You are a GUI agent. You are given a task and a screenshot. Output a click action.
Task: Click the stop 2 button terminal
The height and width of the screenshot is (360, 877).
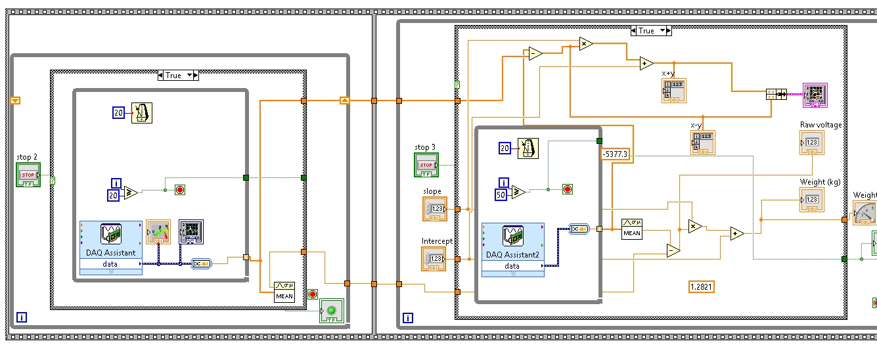pyautogui.click(x=28, y=175)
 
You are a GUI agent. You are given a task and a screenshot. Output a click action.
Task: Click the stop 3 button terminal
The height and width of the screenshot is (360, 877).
pyautogui.click(x=426, y=165)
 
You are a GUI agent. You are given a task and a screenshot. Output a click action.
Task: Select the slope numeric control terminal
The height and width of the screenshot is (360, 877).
pyautogui.click(x=434, y=209)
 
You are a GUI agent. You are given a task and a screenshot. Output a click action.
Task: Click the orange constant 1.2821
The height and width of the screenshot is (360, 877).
pyautogui.click(x=701, y=286)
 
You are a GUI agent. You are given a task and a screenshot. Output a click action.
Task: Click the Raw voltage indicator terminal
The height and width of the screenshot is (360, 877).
pyautogui.click(x=812, y=143)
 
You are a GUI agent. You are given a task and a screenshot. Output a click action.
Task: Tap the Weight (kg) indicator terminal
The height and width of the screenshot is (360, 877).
pyautogui.click(x=812, y=199)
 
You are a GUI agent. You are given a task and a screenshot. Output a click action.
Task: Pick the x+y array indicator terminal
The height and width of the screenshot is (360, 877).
pyautogui.click(x=674, y=91)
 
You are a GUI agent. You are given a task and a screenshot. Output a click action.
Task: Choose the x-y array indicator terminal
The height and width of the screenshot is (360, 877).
pyautogui.click(x=702, y=143)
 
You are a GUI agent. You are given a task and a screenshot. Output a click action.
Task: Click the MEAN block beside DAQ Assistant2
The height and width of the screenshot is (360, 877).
pyautogui.click(x=632, y=228)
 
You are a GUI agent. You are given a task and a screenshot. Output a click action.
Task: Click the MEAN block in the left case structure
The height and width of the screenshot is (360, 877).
pyautogui.click(x=284, y=291)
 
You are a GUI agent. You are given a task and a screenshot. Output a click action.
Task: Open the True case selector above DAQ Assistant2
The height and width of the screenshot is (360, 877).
pyautogui.click(x=650, y=31)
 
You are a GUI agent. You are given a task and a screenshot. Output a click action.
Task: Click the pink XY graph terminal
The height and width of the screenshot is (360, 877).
pyautogui.click(x=815, y=95)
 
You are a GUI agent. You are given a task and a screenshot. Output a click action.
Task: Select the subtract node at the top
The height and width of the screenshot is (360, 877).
pyautogui.click(x=535, y=54)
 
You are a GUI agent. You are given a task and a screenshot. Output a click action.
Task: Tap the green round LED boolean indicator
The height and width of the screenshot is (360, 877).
pyautogui.click(x=332, y=311)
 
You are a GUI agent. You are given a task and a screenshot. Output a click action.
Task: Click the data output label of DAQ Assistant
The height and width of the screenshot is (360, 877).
pyautogui.click(x=110, y=264)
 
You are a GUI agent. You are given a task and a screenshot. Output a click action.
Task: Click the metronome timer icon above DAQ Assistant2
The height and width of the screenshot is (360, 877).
pyautogui.click(x=528, y=148)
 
